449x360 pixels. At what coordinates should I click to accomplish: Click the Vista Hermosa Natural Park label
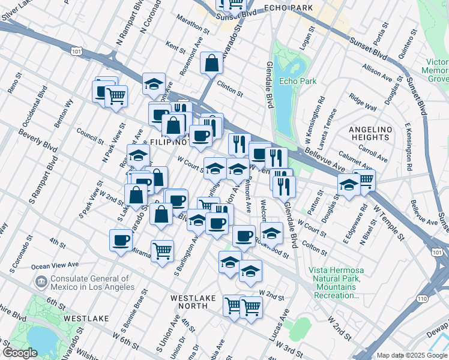(x=336, y=283)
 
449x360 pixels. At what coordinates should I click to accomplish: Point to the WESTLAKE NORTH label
(x=197, y=302)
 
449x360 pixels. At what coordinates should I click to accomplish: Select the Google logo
(x=19, y=353)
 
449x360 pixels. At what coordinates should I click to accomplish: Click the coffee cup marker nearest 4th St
(x=121, y=240)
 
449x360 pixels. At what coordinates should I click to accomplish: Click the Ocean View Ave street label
(x=55, y=265)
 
